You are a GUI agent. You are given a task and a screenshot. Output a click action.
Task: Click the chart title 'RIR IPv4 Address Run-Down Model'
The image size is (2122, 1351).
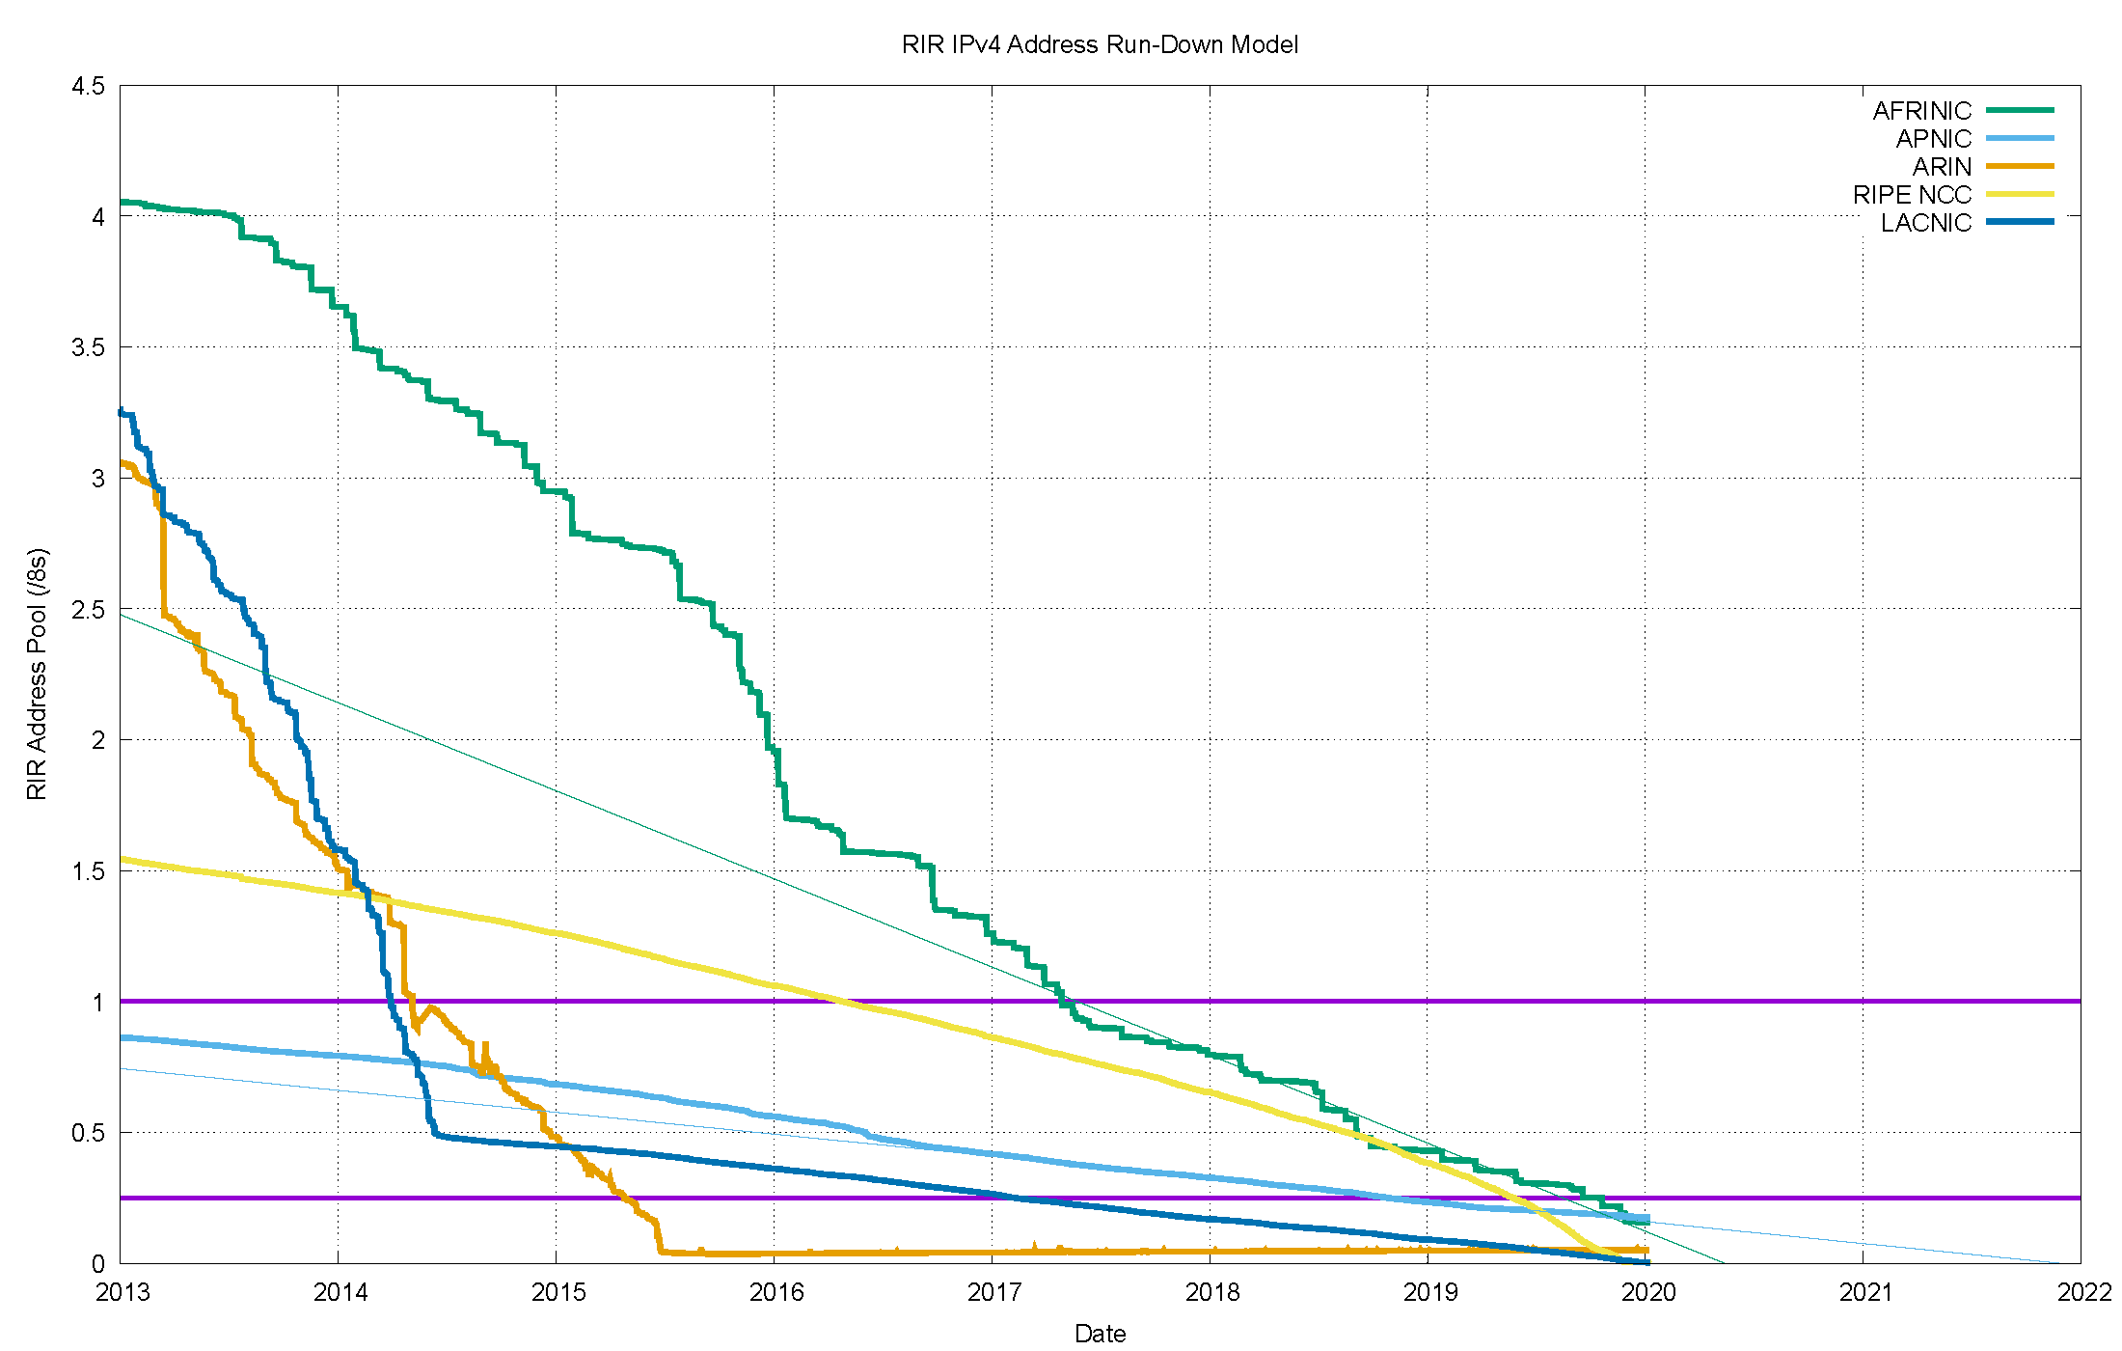(1100, 44)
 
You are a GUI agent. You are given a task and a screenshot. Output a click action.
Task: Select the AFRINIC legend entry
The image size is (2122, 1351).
(1921, 111)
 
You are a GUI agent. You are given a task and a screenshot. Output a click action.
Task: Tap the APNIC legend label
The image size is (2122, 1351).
(1933, 139)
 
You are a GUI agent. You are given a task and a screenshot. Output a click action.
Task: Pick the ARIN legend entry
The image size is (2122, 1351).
(1942, 167)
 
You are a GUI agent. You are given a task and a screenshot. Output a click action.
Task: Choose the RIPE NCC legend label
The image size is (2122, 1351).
(1912, 195)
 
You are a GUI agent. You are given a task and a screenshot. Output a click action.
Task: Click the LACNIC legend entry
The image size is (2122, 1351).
(1925, 223)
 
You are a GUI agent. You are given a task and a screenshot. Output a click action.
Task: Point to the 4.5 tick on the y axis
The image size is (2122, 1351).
(88, 86)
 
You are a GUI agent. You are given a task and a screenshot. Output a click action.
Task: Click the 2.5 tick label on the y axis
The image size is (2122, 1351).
(88, 610)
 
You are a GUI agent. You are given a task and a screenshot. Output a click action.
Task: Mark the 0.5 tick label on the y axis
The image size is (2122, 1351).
(88, 1133)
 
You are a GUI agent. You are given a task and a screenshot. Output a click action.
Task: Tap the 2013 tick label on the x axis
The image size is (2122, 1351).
(122, 1292)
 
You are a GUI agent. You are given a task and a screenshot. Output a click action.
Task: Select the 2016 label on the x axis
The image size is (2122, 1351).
(776, 1292)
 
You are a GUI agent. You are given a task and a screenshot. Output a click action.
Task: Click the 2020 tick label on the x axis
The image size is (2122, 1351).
(1648, 1292)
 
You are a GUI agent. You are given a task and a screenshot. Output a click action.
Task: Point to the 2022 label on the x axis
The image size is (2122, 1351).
(2084, 1292)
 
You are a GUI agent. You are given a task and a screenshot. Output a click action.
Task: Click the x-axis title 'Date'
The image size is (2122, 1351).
(1100, 1334)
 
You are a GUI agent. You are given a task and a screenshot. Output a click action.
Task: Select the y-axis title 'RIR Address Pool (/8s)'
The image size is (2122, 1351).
(37, 675)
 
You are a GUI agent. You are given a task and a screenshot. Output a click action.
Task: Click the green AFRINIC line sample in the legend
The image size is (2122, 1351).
(2020, 111)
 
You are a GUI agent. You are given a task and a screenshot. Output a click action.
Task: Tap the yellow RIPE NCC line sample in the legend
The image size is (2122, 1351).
(2020, 195)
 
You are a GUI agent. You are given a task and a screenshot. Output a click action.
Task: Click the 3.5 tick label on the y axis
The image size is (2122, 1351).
(88, 347)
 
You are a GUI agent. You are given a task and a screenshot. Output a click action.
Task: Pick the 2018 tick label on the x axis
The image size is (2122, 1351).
(1212, 1292)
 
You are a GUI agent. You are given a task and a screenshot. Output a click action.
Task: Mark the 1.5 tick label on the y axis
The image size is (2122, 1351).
(88, 871)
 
